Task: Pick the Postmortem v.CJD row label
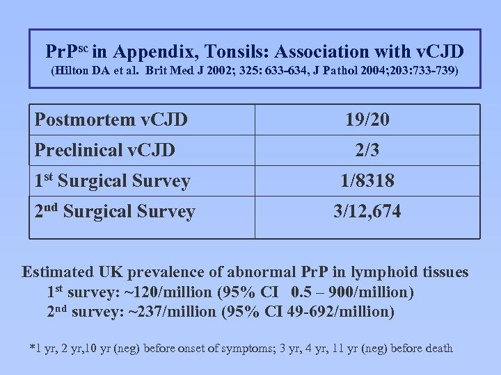tap(111, 120)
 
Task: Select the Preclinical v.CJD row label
tap(105, 149)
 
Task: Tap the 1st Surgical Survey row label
tap(113, 181)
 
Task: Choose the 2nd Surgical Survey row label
tap(116, 212)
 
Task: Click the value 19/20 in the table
tap(367, 120)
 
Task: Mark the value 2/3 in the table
tap(367, 149)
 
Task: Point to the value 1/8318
tap(367, 181)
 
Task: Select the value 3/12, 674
tap(367, 212)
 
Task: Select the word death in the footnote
tap(438, 348)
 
